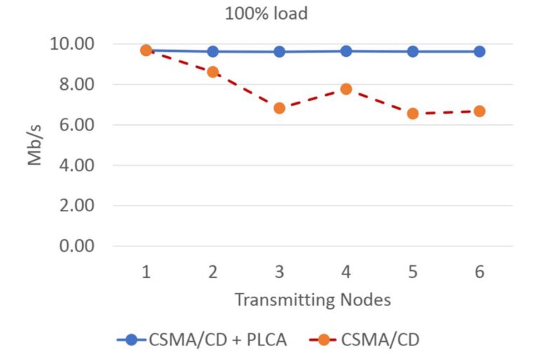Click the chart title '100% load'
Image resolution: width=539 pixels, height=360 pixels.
266,13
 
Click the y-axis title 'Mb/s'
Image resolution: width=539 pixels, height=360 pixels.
35,145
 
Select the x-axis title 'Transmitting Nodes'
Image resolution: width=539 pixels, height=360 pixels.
312,300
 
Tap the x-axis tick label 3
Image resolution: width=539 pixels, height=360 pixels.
279,272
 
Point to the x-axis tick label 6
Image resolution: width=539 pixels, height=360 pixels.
479,272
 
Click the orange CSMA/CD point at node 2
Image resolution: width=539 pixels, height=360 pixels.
213,72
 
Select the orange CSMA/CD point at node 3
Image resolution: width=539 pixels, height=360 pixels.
279,108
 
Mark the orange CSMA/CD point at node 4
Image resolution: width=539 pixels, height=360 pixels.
346,89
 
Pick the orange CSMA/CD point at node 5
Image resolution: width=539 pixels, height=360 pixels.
413,113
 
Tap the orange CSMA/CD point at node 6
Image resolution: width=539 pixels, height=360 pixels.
479,111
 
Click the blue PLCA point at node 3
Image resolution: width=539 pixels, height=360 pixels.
279,51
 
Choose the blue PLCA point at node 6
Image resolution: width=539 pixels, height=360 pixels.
479,51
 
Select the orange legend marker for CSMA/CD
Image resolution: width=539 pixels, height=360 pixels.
324,340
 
